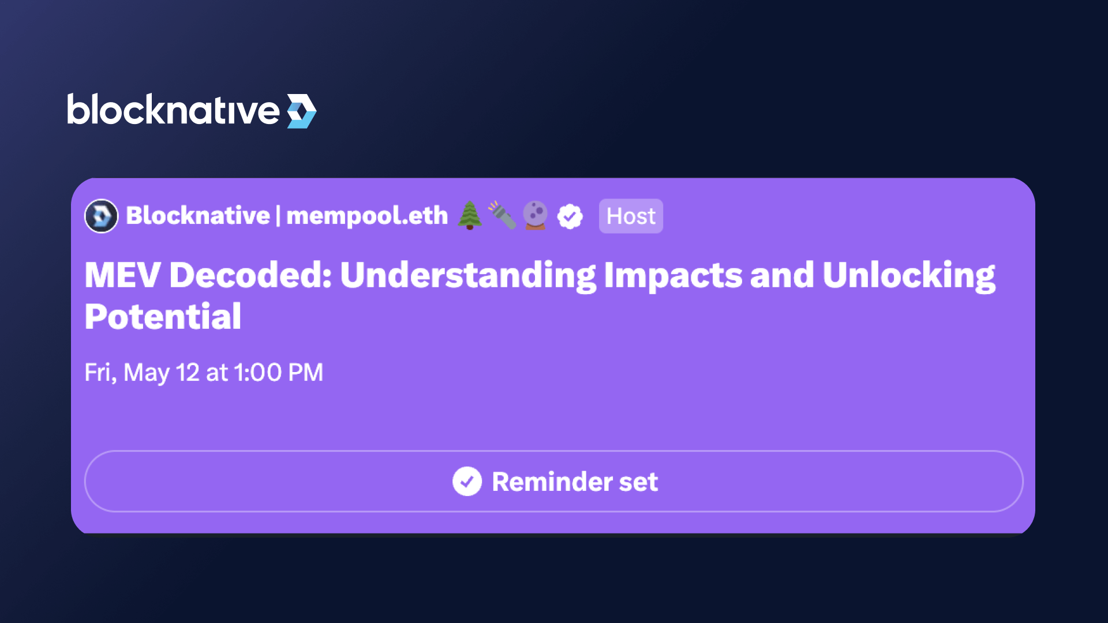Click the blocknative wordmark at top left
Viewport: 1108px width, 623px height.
point(173,110)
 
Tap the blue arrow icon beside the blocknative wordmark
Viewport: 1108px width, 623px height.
point(302,111)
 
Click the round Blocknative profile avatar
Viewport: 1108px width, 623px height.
point(102,216)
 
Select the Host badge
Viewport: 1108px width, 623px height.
point(631,216)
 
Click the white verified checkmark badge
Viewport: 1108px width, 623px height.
point(570,217)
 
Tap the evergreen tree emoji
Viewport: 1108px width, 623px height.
point(470,216)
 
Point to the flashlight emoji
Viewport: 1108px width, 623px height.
point(502,215)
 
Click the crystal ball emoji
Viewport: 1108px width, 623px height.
point(535,215)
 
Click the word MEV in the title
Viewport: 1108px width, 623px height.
point(122,275)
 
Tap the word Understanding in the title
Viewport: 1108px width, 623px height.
point(468,276)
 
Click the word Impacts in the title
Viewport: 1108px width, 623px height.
point(673,276)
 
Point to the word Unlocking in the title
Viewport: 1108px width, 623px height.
point(909,276)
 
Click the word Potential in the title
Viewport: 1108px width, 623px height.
point(163,317)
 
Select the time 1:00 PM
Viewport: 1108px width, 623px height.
point(279,373)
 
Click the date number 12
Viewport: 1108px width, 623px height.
point(188,373)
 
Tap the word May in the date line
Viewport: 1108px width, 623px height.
point(147,374)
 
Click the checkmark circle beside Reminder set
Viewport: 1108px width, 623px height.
point(467,481)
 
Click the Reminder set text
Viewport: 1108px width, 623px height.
point(575,482)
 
